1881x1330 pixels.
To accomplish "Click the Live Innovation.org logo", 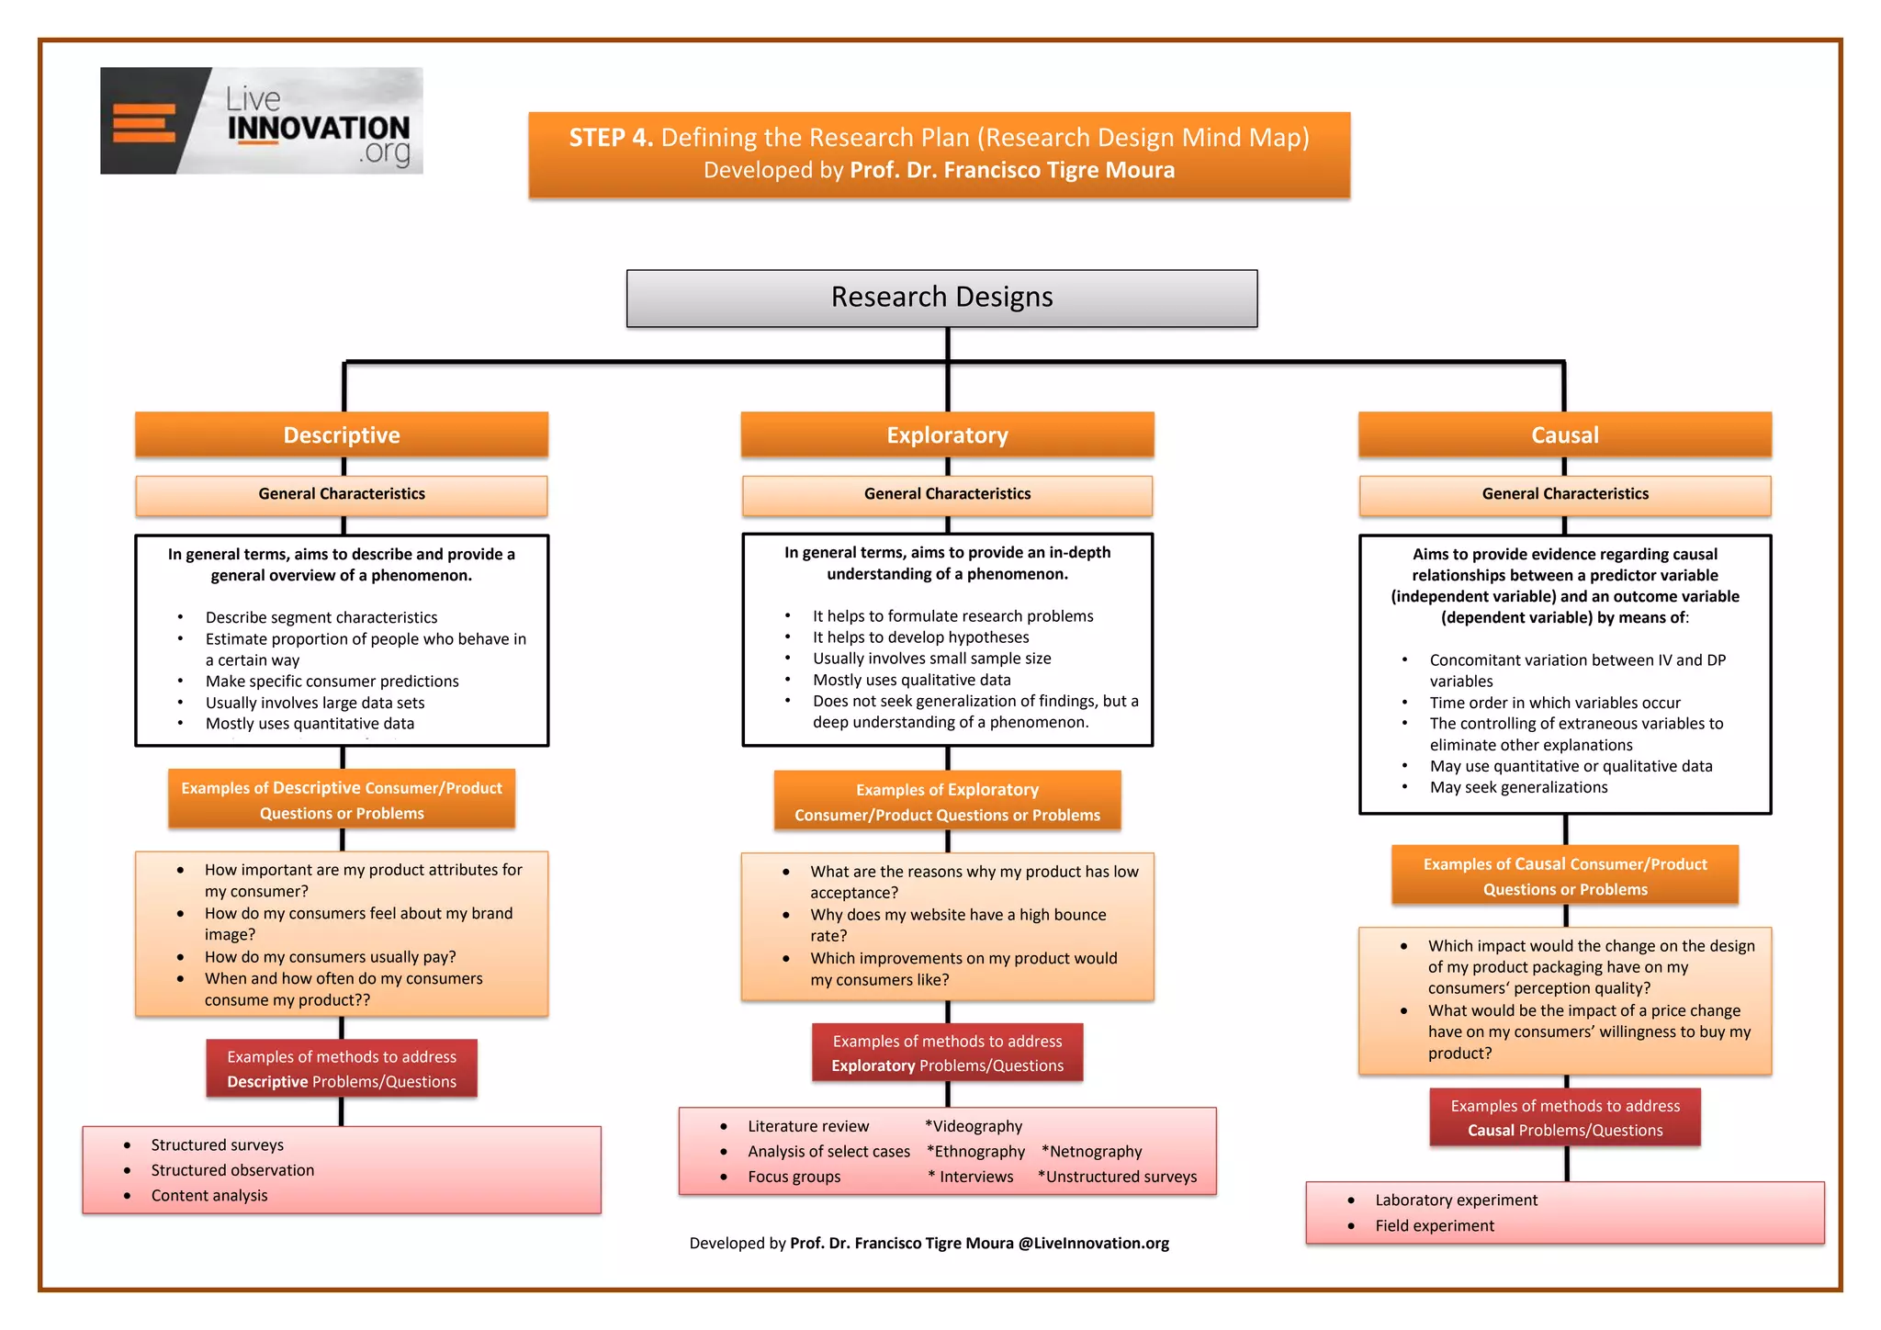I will pos(261,120).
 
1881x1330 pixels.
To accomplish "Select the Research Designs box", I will pos(941,298).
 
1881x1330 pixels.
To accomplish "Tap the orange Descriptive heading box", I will pos(342,434).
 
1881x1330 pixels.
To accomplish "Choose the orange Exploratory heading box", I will pos(947,434).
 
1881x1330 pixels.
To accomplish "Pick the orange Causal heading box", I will pos(1564,434).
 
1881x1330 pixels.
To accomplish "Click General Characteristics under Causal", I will pos(1564,494).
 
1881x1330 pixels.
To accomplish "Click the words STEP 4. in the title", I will pos(611,138).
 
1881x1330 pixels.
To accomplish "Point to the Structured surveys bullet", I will pos(217,1145).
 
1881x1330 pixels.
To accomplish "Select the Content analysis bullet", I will pos(209,1196).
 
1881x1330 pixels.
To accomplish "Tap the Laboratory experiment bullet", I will pos(1456,1200).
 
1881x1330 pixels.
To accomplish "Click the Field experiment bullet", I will pos(1434,1226).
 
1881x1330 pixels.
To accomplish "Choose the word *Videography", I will pos(974,1126).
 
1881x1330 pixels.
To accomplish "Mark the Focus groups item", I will pos(794,1178).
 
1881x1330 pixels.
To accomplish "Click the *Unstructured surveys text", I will pos(1117,1178).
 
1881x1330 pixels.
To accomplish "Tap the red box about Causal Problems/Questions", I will pos(1564,1118).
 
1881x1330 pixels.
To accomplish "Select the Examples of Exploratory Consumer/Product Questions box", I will pos(947,802).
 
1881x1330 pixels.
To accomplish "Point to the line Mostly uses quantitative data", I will pos(310,724).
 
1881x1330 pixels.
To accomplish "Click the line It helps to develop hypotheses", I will pos(920,637).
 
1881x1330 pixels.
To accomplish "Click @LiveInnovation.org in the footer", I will pos(1093,1244).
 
